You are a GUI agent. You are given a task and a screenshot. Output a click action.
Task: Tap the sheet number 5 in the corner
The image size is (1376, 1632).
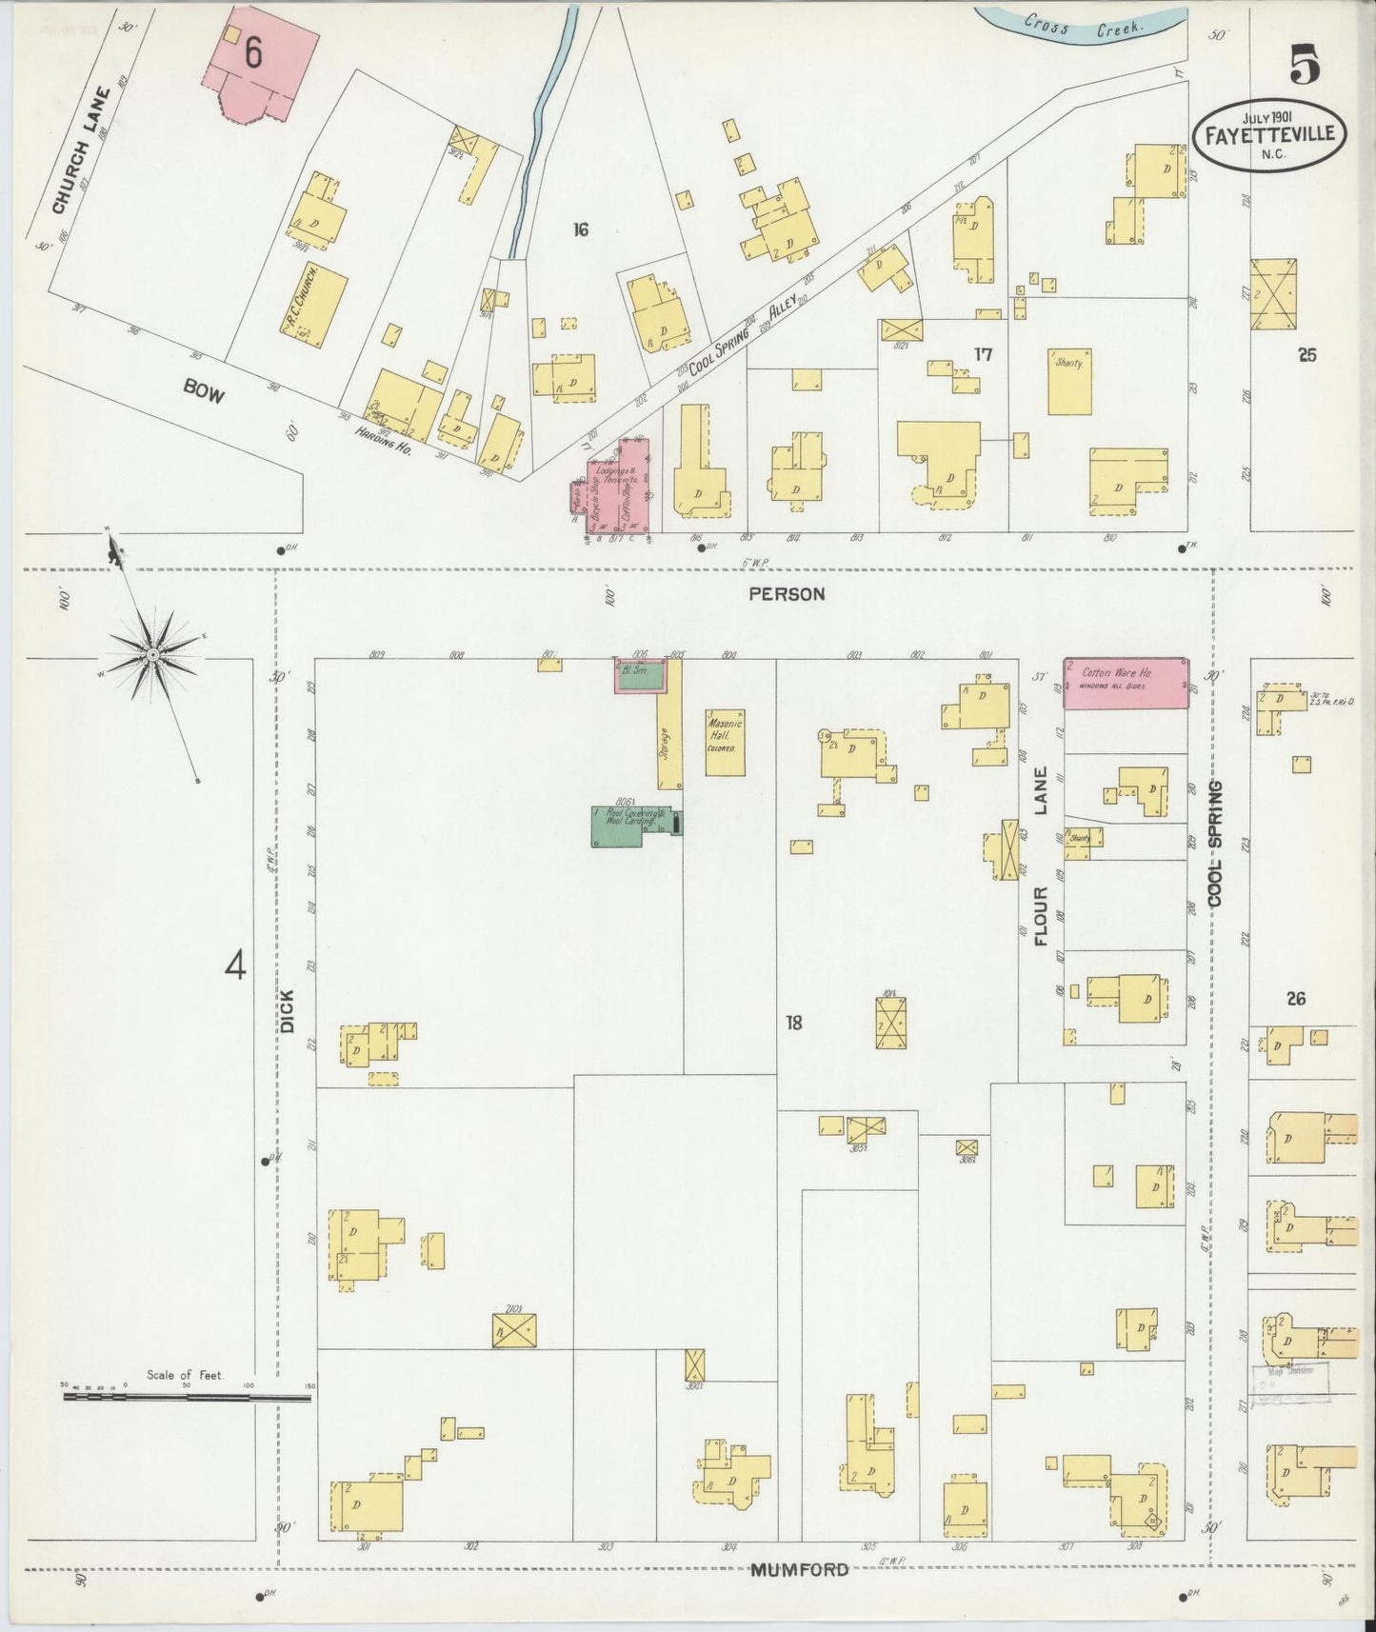tap(1306, 65)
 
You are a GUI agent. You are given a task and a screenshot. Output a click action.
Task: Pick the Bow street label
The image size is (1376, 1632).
tap(204, 391)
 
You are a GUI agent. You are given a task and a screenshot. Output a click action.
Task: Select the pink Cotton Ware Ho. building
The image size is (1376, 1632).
tap(1126, 683)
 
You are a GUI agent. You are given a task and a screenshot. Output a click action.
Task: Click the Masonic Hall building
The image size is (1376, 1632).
tap(725, 742)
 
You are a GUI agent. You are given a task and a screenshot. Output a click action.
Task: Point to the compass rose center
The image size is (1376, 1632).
tap(151, 656)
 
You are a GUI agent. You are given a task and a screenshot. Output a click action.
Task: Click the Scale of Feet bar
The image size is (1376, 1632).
tap(187, 1397)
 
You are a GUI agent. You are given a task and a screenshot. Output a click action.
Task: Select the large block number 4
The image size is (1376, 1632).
tap(235, 967)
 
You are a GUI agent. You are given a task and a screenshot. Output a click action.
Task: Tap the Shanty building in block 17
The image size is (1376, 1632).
tap(1069, 381)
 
